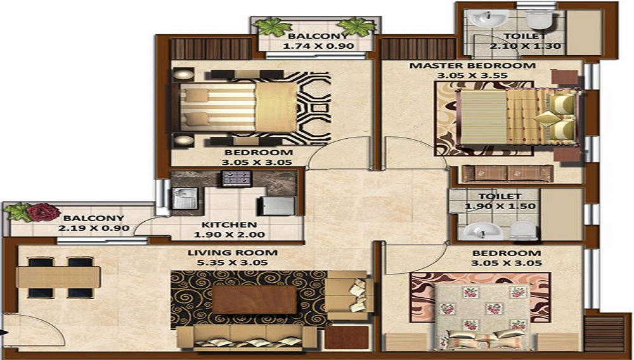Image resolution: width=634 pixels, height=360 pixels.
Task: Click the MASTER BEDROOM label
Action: pyautogui.click(x=472, y=65)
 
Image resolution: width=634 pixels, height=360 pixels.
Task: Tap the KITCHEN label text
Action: pyautogui.click(x=229, y=225)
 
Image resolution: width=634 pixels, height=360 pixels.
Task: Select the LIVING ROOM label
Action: pyautogui.click(x=233, y=253)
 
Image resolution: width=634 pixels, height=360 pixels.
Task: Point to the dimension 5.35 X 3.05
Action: pyautogui.click(x=233, y=262)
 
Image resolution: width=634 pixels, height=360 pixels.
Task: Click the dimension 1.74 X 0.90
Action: pyautogui.click(x=319, y=46)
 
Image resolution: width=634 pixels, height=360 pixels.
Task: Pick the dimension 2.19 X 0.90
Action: pyautogui.click(x=94, y=228)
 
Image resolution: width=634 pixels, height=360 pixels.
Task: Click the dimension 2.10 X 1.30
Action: pyautogui.click(x=526, y=46)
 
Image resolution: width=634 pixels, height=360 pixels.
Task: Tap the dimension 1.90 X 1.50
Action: pyautogui.click(x=500, y=206)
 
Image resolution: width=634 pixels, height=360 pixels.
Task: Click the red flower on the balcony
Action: pyautogui.click(x=43, y=212)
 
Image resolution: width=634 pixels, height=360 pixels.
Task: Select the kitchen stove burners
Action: pyautogui.click(x=236, y=178)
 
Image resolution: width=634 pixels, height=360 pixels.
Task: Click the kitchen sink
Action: pyautogui.click(x=184, y=198)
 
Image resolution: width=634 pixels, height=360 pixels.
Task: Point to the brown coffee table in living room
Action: pyautogui.click(x=254, y=299)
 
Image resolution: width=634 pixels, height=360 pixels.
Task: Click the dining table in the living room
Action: pyautogui.click(x=58, y=278)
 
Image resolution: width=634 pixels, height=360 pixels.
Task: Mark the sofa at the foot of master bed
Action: pyautogui.click(x=507, y=173)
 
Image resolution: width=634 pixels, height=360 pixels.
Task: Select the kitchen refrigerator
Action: pyautogui.click(x=276, y=205)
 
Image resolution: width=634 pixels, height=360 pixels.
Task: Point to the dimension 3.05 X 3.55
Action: pyautogui.click(x=472, y=75)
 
